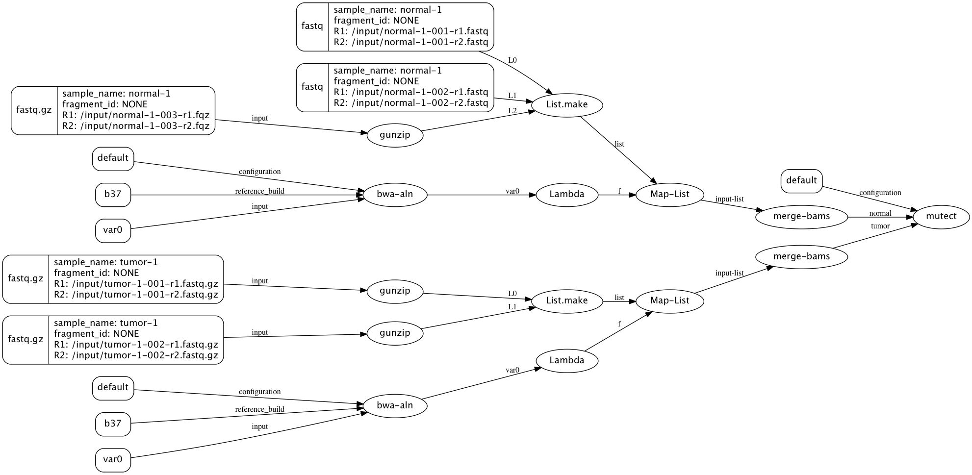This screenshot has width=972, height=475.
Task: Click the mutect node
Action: (x=941, y=216)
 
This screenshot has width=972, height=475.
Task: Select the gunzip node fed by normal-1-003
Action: (x=395, y=135)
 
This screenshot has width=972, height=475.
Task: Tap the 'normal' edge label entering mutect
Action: (x=880, y=213)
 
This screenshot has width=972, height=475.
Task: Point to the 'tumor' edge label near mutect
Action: (x=880, y=226)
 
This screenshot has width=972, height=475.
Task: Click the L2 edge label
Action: (x=512, y=111)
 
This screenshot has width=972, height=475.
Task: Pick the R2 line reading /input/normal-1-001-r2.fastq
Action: (x=411, y=42)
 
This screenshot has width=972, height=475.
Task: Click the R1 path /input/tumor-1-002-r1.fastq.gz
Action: (x=136, y=345)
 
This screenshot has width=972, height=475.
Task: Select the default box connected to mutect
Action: (x=801, y=180)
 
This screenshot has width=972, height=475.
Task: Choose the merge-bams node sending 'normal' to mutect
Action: (x=801, y=217)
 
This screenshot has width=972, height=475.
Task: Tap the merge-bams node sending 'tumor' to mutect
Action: (x=801, y=256)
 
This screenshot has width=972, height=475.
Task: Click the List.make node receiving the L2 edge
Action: (x=566, y=104)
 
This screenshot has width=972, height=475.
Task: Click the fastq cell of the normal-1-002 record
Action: (x=312, y=87)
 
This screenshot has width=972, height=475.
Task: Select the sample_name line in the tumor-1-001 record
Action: (x=106, y=262)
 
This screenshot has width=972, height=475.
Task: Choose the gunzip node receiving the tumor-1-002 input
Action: (x=395, y=333)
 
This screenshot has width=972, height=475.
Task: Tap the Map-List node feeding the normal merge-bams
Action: (x=669, y=194)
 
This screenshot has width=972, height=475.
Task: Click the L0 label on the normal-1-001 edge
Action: (x=512, y=60)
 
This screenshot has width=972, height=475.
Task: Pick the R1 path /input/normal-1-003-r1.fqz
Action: (x=136, y=115)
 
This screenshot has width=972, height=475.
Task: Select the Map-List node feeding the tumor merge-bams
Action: (x=669, y=300)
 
